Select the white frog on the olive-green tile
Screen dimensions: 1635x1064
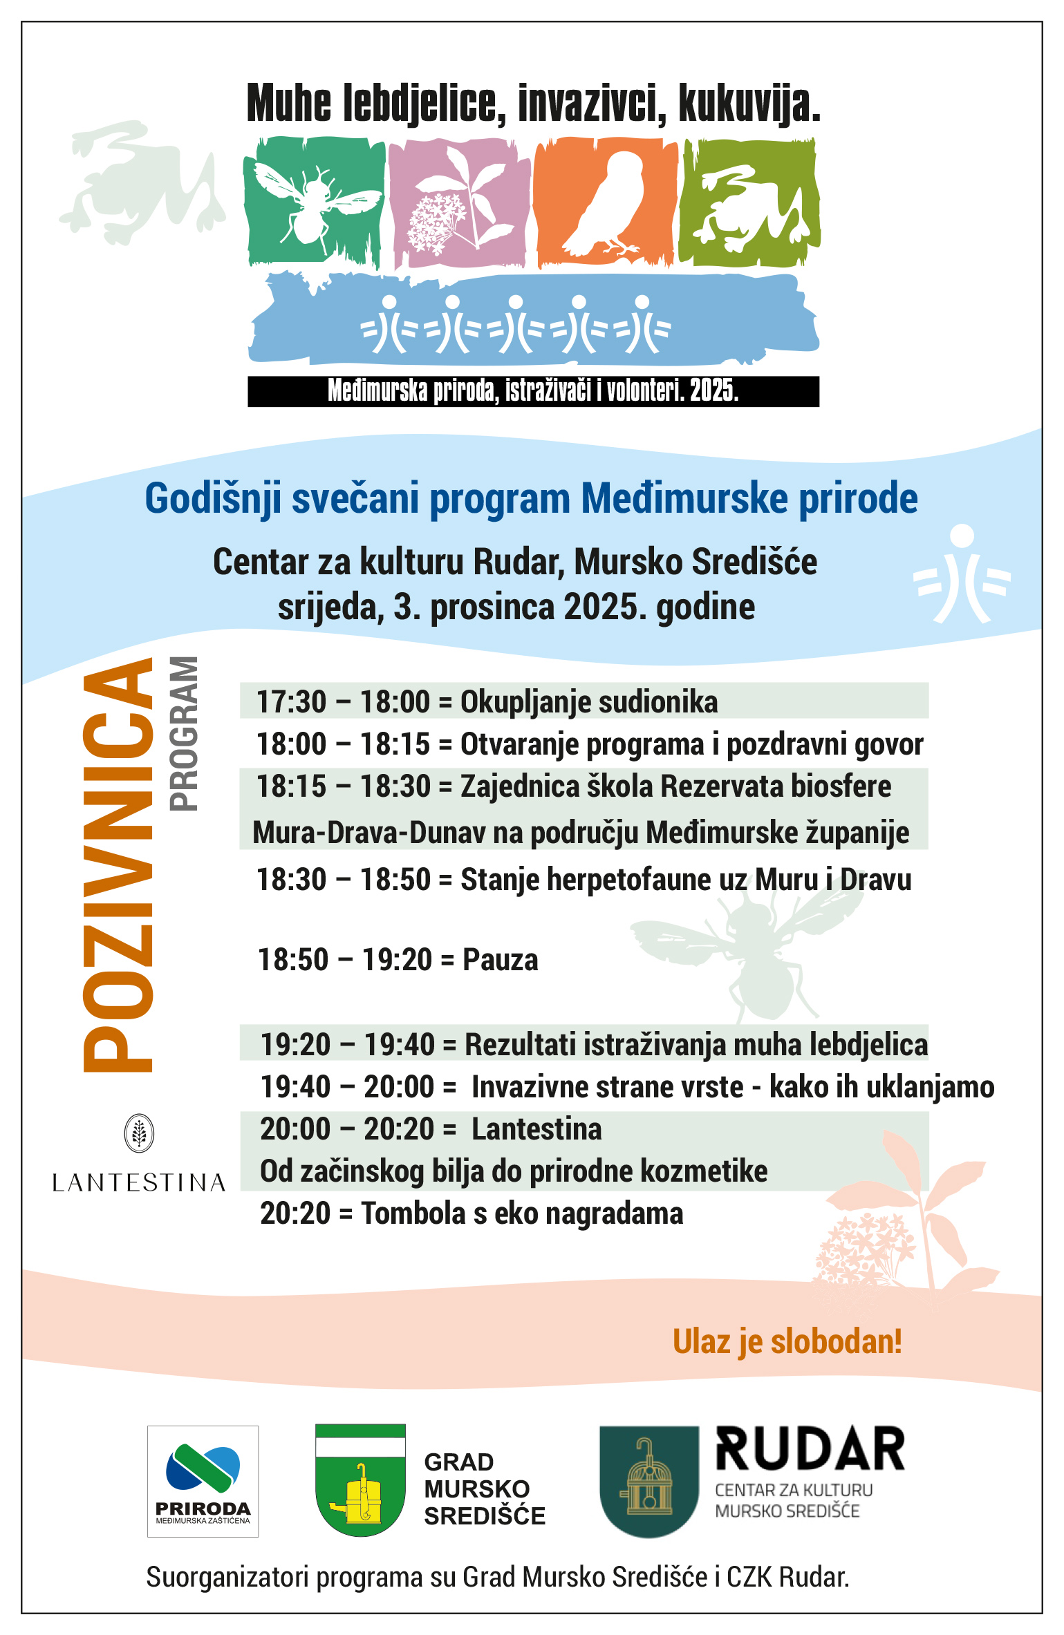click(750, 207)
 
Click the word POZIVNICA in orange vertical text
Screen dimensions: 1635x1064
click(118, 864)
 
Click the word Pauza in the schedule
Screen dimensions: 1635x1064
click(500, 960)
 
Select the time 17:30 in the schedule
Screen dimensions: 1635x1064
click(291, 702)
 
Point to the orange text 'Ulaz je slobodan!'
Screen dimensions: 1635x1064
click(787, 1341)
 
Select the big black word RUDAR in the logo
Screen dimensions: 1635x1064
click(810, 1449)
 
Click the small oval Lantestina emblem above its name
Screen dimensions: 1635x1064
click(139, 1133)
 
